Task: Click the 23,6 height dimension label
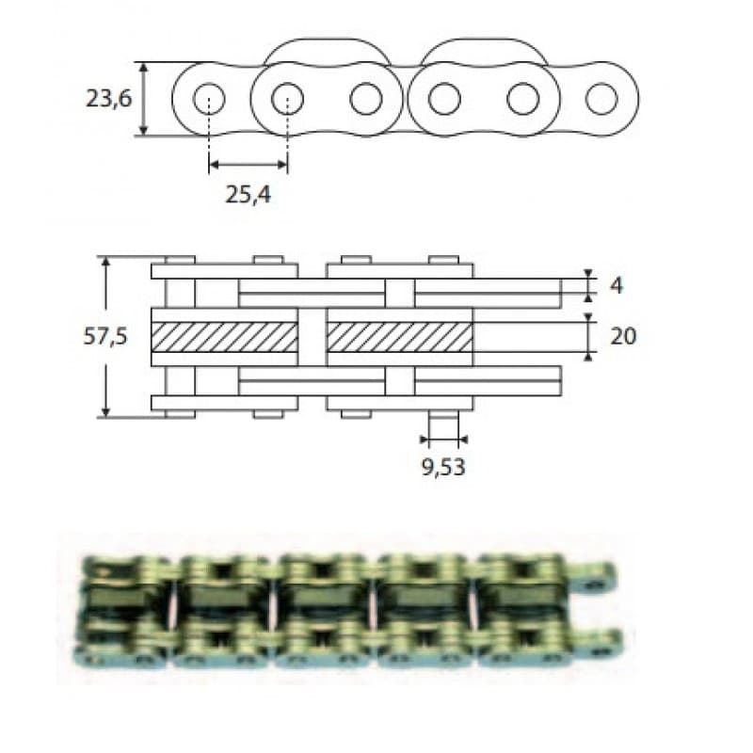108,100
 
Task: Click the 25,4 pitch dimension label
248,195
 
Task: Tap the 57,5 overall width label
105,336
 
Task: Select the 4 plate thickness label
617,286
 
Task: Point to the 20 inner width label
623,336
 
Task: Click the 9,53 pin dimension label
443,467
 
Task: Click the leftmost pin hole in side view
209,99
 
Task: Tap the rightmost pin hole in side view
601,99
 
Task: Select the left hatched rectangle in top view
224,337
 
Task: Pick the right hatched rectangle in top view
399,337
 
